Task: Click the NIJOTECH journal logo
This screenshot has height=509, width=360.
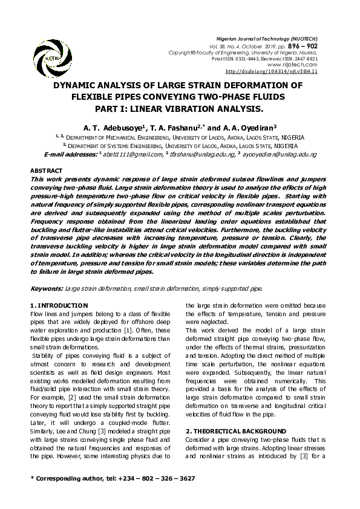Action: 48,57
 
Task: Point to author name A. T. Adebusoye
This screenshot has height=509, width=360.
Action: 115,128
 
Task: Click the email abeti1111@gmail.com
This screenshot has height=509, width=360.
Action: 129,155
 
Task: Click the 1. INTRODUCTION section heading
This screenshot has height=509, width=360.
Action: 59,305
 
